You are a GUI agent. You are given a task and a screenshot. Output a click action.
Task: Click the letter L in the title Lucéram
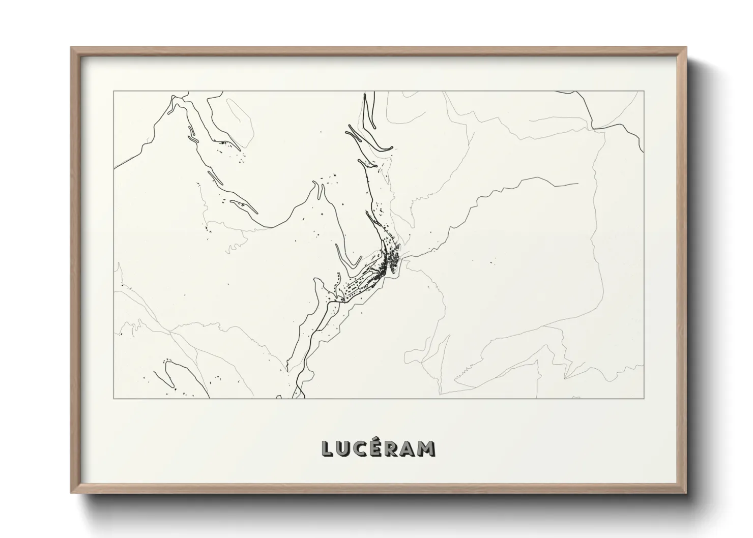[x=328, y=449]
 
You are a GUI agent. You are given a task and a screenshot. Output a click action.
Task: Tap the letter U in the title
[x=344, y=449]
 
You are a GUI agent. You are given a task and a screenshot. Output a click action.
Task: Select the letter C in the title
[x=361, y=449]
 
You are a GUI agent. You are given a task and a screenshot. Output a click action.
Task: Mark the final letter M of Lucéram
[x=427, y=449]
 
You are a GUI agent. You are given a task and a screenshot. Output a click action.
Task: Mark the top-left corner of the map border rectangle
[x=114, y=92]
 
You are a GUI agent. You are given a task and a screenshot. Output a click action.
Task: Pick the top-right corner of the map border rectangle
[x=644, y=92]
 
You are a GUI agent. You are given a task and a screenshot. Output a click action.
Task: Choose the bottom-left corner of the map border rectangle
[x=114, y=398]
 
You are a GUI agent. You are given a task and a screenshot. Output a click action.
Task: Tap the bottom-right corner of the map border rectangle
[x=644, y=398]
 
